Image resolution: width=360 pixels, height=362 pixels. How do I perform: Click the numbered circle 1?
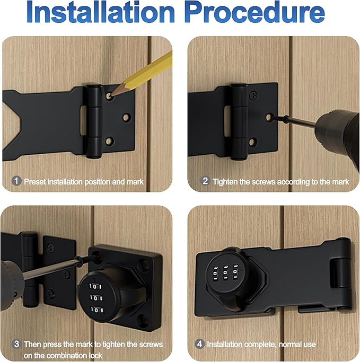coord(16,181)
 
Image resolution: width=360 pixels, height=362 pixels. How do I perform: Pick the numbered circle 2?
coord(205,181)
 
